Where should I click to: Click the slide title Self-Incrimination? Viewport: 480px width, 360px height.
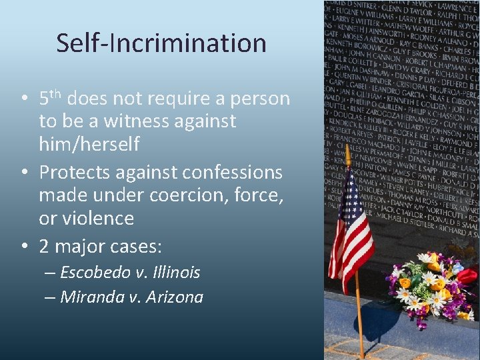(161, 43)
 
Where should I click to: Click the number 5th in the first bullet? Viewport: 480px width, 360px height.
(51, 99)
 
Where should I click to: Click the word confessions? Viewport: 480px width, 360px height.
(226, 173)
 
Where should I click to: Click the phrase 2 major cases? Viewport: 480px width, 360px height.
(101, 247)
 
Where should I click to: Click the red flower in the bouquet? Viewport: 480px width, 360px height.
(467, 275)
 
